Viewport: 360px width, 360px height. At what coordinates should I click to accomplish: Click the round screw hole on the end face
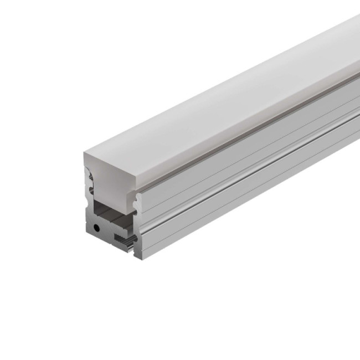click(x=97, y=228)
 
